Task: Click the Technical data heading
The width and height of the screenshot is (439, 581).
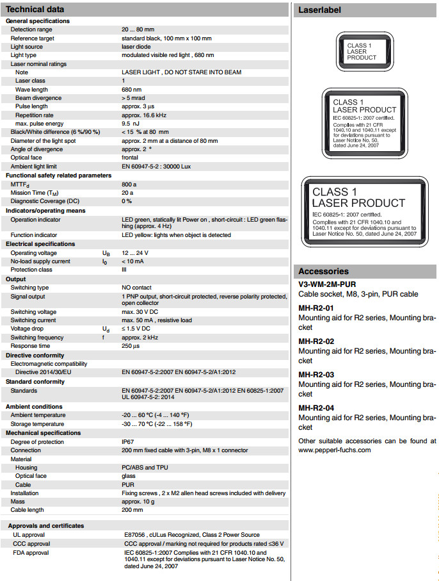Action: coord(35,10)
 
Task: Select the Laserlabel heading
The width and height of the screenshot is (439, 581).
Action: coord(320,10)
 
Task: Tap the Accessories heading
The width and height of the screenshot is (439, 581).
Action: coord(324,271)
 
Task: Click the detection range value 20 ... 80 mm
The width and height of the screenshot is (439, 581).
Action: coord(139,30)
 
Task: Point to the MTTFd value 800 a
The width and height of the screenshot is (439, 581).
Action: coord(129,184)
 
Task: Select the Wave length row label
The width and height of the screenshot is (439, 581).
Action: coord(31,90)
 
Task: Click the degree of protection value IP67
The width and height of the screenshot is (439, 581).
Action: coord(128,442)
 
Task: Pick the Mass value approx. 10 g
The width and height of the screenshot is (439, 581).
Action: coord(139,502)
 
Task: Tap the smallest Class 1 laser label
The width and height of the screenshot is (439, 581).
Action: coord(367,51)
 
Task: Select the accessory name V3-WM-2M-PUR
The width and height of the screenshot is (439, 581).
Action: coord(327,284)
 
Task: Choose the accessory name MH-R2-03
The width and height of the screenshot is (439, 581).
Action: coord(316,375)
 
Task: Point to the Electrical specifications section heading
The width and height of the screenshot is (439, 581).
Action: coord(40,243)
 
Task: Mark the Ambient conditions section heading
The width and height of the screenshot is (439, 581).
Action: coord(34,407)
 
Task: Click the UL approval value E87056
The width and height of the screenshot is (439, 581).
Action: coord(134,535)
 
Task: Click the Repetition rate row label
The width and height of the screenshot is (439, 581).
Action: coord(35,115)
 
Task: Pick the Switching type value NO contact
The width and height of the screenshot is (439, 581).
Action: coord(136,288)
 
